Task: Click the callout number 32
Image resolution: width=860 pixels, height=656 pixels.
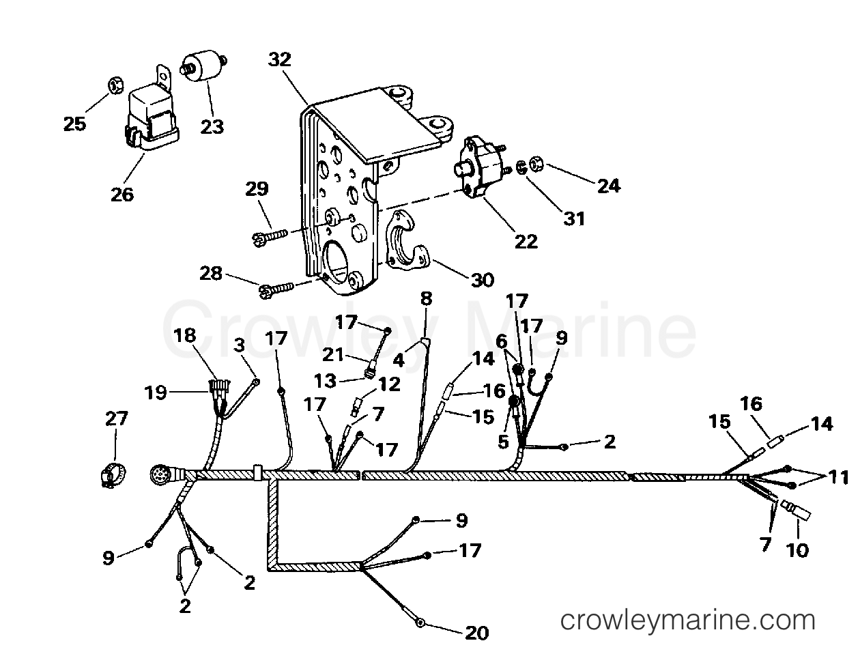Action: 281,60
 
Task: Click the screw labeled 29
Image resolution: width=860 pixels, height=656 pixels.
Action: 270,236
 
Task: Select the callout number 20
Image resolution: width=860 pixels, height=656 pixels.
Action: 477,633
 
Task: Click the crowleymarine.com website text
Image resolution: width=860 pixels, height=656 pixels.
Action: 687,621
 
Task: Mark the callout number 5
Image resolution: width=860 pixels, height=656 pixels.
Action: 503,442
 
